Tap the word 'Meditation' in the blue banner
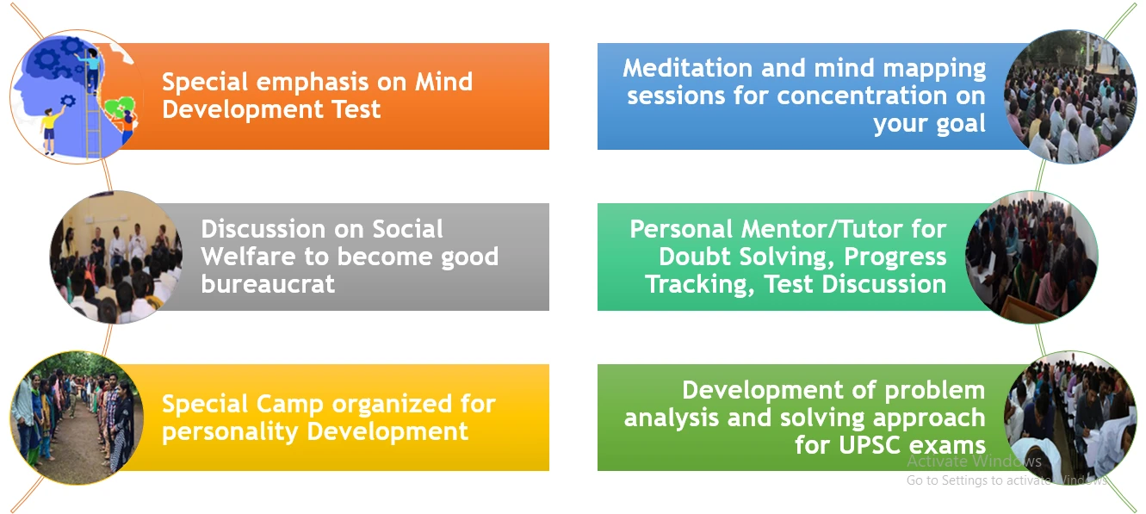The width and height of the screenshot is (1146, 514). click(x=688, y=68)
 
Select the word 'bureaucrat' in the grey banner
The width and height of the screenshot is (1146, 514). click(x=268, y=284)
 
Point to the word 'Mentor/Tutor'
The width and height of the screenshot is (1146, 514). click(x=821, y=229)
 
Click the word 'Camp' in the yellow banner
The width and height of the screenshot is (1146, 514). click(x=289, y=405)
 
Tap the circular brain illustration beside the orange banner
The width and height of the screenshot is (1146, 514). click(x=77, y=96)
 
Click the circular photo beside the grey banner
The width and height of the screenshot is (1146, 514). click(x=116, y=257)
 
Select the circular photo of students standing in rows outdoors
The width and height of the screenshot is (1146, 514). click(x=77, y=418)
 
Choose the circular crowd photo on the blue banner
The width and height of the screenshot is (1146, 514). click(x=1070, y=96)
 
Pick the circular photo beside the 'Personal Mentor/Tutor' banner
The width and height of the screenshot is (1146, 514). click(x=1031, y=257)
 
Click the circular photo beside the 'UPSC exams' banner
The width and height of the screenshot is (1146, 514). click(x=1070, y=418)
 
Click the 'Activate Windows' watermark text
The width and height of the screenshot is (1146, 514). click(x=974, y=461)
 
